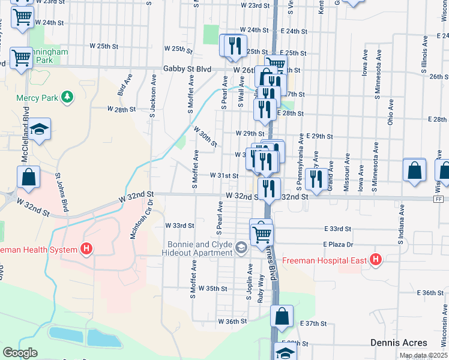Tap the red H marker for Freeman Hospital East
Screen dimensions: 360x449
tap(376, 259)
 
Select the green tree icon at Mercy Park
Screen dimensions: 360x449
tap(68, 96)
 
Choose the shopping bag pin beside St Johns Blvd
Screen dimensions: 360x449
tap(28, 177)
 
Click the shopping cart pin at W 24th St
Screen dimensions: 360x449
tap(22, 17)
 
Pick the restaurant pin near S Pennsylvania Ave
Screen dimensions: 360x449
tap(316, 178)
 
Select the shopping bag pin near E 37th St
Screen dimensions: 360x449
tap(282, 316)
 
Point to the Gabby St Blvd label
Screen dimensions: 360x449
tap(187, 70)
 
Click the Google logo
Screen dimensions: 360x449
tap(20, 353)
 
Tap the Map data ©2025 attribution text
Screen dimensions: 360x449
tap(423, 355)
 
